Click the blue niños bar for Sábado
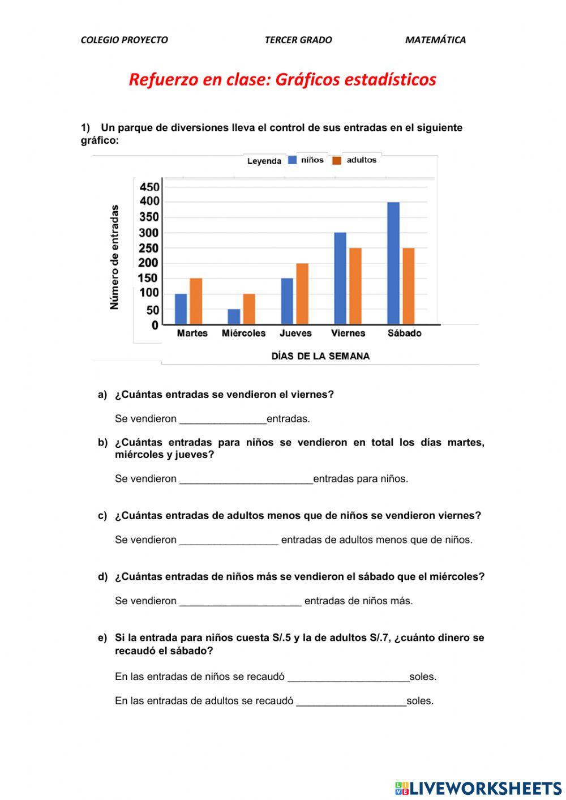click(x=393, y=263)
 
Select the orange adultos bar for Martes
click(x=196, y=301)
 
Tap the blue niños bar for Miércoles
click(x=234, y=316)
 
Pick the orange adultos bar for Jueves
click(x=302, y=293)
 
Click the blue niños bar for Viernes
click(x=340, y=278)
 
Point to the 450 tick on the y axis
click(x=149, y=187)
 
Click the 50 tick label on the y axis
click(x=153, y=310)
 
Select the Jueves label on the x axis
click(x=295, y=333)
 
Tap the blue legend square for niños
click(x=293, y=160)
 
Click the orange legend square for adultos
click(x=337, y=160)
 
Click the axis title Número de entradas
click(x=115, y=257)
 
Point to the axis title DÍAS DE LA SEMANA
click(x=320, y=356)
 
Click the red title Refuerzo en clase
click(x=282, y=79)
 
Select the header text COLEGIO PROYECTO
click(x=124, y=40)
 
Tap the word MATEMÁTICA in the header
click(x=435, y=40)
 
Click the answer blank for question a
click(x=222, y=419)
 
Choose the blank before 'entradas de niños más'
click(x=241, y=601)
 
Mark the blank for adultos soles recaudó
click(x=351, y=701)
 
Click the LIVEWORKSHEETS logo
click(x=478, y=788)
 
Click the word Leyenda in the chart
click(x=264, y=161)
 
